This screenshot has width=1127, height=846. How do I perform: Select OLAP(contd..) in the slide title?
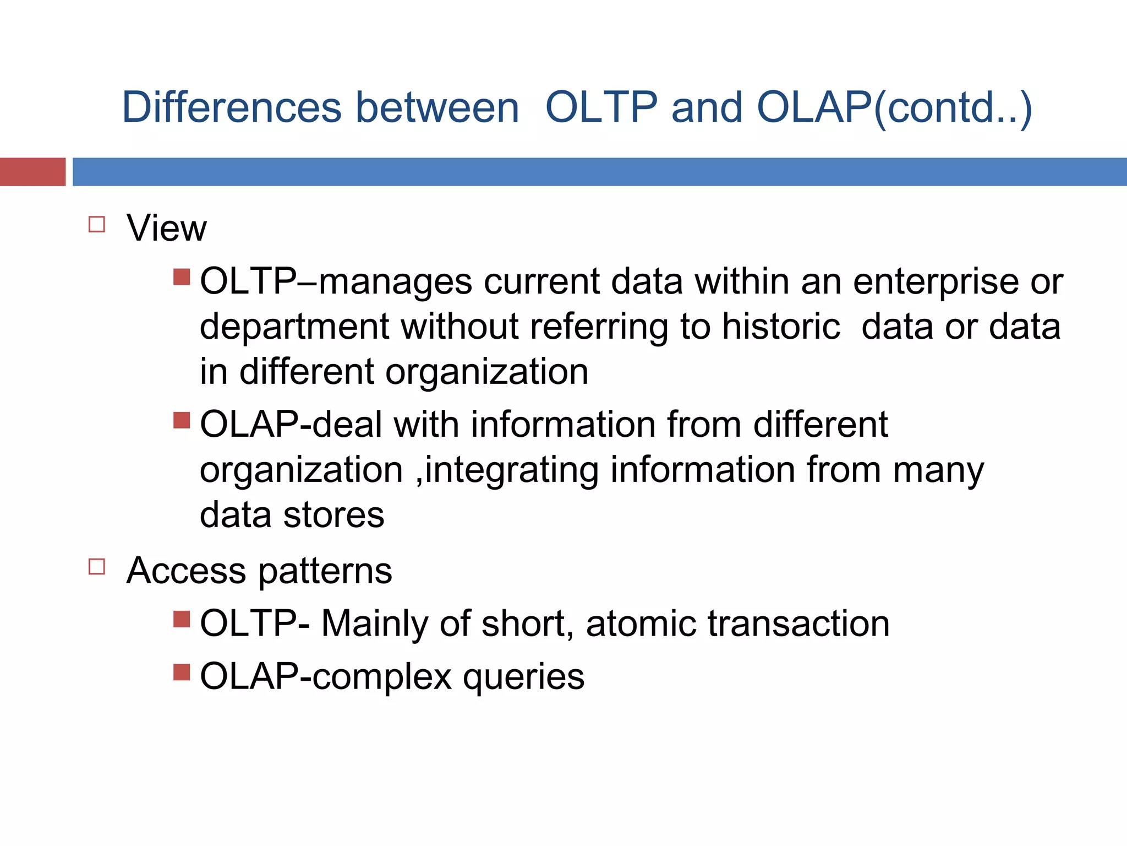pos(894,108)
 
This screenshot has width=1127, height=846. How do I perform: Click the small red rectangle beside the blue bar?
pos(32,172)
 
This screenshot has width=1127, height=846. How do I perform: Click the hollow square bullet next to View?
pos(97,224)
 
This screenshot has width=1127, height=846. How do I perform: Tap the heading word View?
pos(166,228)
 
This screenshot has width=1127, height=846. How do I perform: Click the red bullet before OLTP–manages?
pos(182,276)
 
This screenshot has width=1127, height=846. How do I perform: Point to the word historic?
pos(781,327)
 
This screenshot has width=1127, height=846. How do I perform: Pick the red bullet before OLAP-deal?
pos(182,420)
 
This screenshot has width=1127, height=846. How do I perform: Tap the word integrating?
pos(511,471)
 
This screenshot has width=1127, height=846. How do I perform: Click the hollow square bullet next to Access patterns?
pos(97,567)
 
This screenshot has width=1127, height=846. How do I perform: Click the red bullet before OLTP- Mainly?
pos(182,619)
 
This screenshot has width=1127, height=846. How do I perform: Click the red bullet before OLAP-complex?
pos(182,672)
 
